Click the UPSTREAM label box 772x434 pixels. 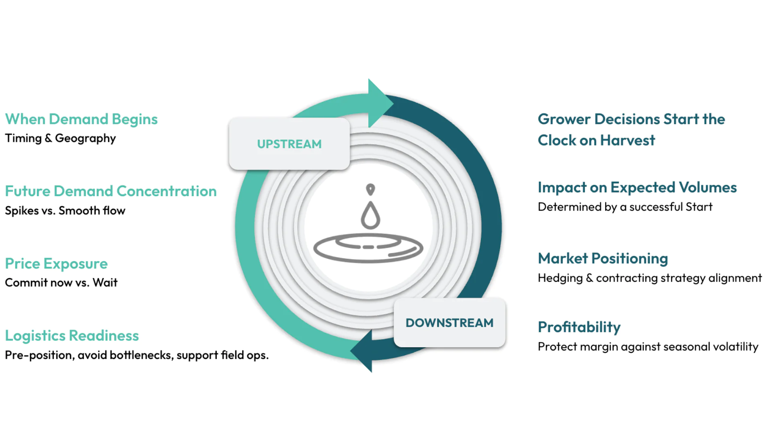tap(289, 144)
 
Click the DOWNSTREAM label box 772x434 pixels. tap(449, 323)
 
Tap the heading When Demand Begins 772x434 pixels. tap(81, 119)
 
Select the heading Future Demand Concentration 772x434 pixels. tap(111, 191)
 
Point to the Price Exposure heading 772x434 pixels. tap(56, 264)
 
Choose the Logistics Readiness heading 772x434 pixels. tap(72, 336)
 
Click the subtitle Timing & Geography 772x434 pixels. tap(60, 138)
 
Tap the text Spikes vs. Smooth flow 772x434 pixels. tap(65, 211)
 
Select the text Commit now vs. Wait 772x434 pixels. tap(61, 283)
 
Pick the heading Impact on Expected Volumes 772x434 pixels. tap(637, 188)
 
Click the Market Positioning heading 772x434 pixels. tap(603, 258)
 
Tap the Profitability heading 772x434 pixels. tap(579, 327)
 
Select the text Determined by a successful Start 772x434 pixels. tap(625, 207)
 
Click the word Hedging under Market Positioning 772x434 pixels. tap(560, 278)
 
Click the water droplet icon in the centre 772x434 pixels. tap(370, 215)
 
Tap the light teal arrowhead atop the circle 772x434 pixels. tap(379, 103)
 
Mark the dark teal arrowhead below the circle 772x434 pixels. tap(363, 351)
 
